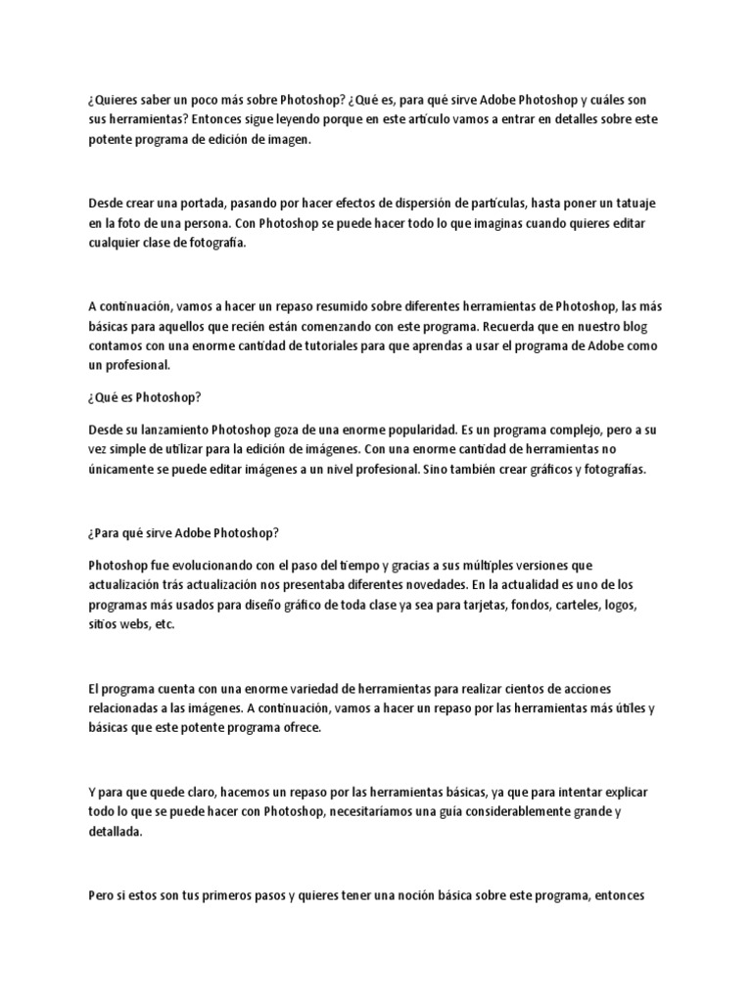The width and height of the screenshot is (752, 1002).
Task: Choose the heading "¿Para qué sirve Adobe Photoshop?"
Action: click(x=183, y=533)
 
